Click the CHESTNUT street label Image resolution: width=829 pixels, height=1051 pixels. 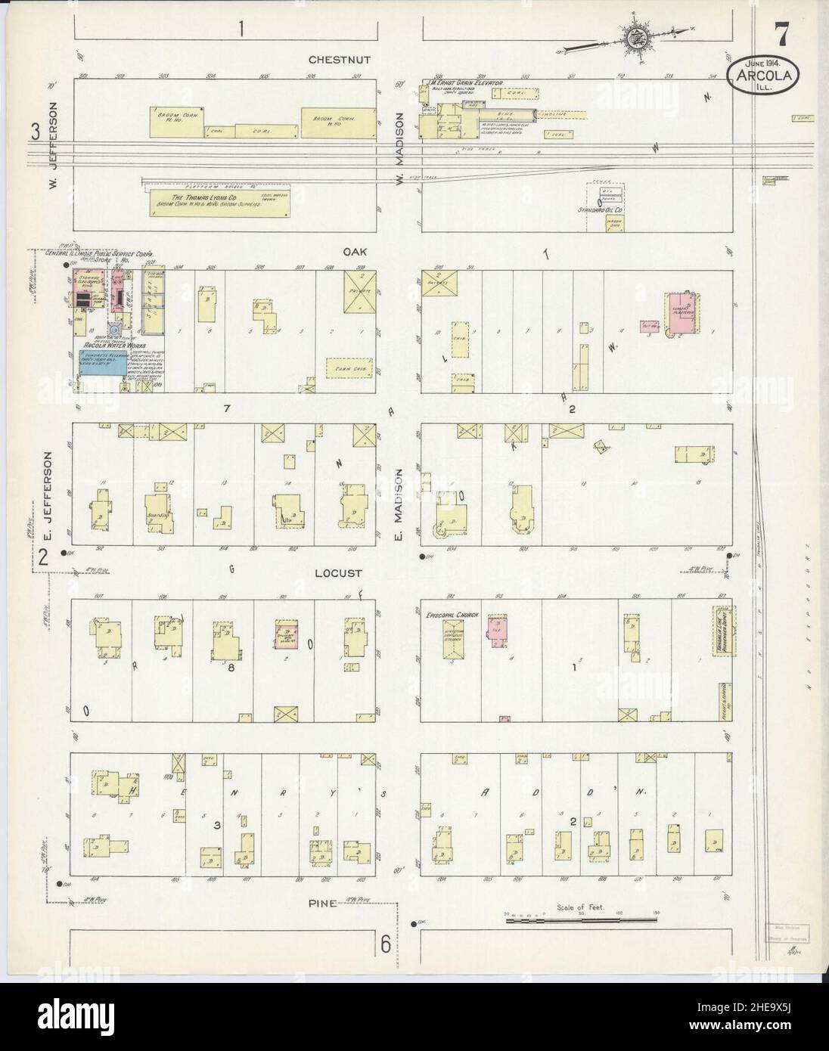(x=339, y=60)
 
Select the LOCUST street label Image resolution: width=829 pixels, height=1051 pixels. (x=339, y=574)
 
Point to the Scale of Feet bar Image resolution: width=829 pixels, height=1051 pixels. (x=581, y=919)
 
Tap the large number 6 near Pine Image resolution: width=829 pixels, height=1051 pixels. (x=385, y=944)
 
